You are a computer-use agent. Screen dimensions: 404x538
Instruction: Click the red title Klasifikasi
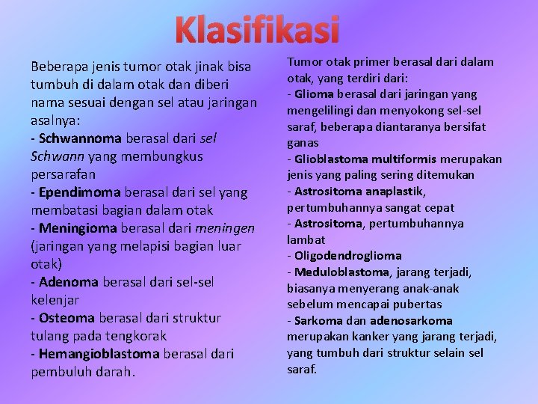257,30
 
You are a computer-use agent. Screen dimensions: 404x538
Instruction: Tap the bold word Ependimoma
78,192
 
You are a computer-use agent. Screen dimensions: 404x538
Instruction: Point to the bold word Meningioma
78,228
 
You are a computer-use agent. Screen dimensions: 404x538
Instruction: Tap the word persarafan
63,174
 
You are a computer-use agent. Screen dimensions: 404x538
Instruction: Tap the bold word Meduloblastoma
341,272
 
